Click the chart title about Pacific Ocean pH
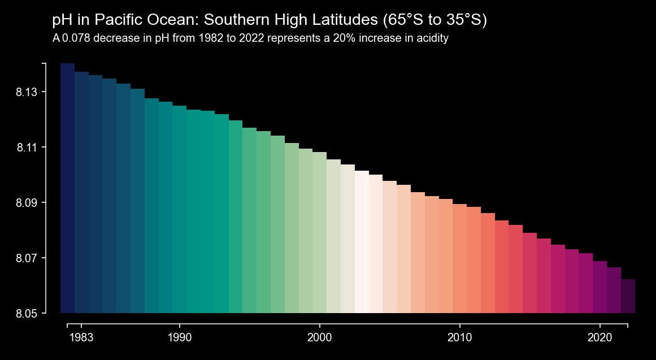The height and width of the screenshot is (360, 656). [270, 20]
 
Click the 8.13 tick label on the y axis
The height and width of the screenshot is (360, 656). [27, 92]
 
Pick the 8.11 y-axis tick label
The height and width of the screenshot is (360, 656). [27, 148]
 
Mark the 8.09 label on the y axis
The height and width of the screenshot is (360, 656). [27, 203]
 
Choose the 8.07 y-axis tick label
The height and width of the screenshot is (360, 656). [27, 258]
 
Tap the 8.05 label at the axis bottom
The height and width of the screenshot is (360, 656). [27, 314]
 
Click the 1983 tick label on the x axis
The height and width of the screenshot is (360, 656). [81, 338]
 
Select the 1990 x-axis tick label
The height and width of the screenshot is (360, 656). [179, 338]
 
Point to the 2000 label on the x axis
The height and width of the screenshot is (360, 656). [319, 338]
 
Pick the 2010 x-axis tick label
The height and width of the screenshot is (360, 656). [459, 338]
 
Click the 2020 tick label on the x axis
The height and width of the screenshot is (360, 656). [599, 338]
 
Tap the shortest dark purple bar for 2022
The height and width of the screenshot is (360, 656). [628, 296]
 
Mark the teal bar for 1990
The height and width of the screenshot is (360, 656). [179, 209]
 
